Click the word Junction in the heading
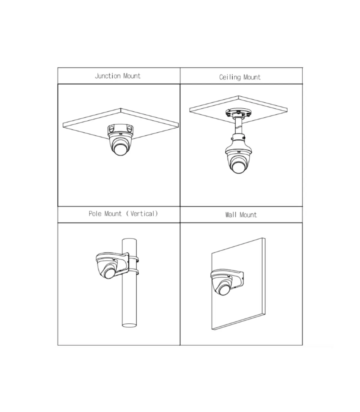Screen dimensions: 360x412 tap(108, 76)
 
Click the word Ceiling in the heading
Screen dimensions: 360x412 tap(230, 77)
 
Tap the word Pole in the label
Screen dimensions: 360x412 tap(95, 214)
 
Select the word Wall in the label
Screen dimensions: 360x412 tap(231, 215)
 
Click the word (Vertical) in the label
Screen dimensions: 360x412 tap(142, 214)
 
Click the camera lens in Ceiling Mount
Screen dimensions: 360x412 tap(238, 167)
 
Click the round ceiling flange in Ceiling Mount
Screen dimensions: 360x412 tap(238, 112)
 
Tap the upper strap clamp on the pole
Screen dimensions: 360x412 tap(133, 259)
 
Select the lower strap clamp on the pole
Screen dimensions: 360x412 tap(133, 272)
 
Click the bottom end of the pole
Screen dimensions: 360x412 tap(129, 325)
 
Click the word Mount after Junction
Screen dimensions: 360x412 tap(132, 76)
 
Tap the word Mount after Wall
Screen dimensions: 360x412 tap(248, 215)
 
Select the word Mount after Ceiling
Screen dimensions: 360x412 tap(252, 77)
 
